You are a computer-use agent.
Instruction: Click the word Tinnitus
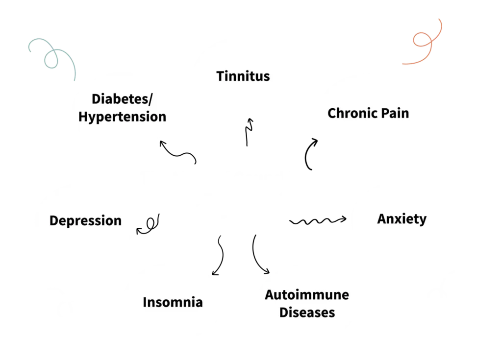pos(243,76)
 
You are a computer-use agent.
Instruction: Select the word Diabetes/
pos(123,99)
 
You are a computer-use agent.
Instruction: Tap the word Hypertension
pos(123,117)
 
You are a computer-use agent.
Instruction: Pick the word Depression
pos(85,220)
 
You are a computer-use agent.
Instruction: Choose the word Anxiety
pos(402,218)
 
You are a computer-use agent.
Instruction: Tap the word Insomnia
pos(173,302)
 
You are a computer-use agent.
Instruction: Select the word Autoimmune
pos(307,295)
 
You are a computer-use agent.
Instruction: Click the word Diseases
pos(307,312)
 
